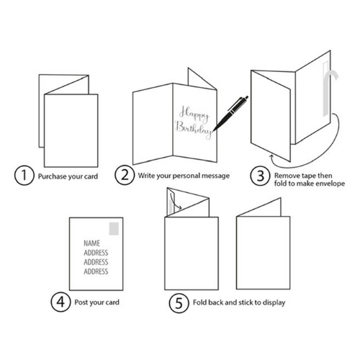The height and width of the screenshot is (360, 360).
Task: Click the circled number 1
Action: click(x=24, y=176)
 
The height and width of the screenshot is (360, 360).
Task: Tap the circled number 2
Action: click(x=125, y=175)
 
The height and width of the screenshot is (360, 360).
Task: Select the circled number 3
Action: click(x=261, y=176)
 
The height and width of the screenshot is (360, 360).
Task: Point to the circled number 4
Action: click(x=60, y=302)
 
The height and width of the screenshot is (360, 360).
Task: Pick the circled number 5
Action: click(x=179, y=303)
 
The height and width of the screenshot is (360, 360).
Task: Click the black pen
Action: click(x=230, y=113)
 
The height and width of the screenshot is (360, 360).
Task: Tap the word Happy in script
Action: click(x=194, y=114)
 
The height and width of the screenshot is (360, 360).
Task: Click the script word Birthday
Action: click(x=194, y=129)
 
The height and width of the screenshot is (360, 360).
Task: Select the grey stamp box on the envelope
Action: click(x=114, y=228)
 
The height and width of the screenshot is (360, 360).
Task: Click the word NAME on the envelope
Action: click(x=91, y=243)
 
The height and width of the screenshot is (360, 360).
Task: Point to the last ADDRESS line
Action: click(x=96, y=271)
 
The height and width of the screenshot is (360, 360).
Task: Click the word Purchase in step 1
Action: click(x=52, y=176)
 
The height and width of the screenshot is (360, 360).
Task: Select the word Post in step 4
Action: click(x=81, y=302)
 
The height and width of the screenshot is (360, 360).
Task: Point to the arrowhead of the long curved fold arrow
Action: click(x=271, y=156)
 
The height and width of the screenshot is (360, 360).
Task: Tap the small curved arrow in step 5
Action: click(x=175, y=202)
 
